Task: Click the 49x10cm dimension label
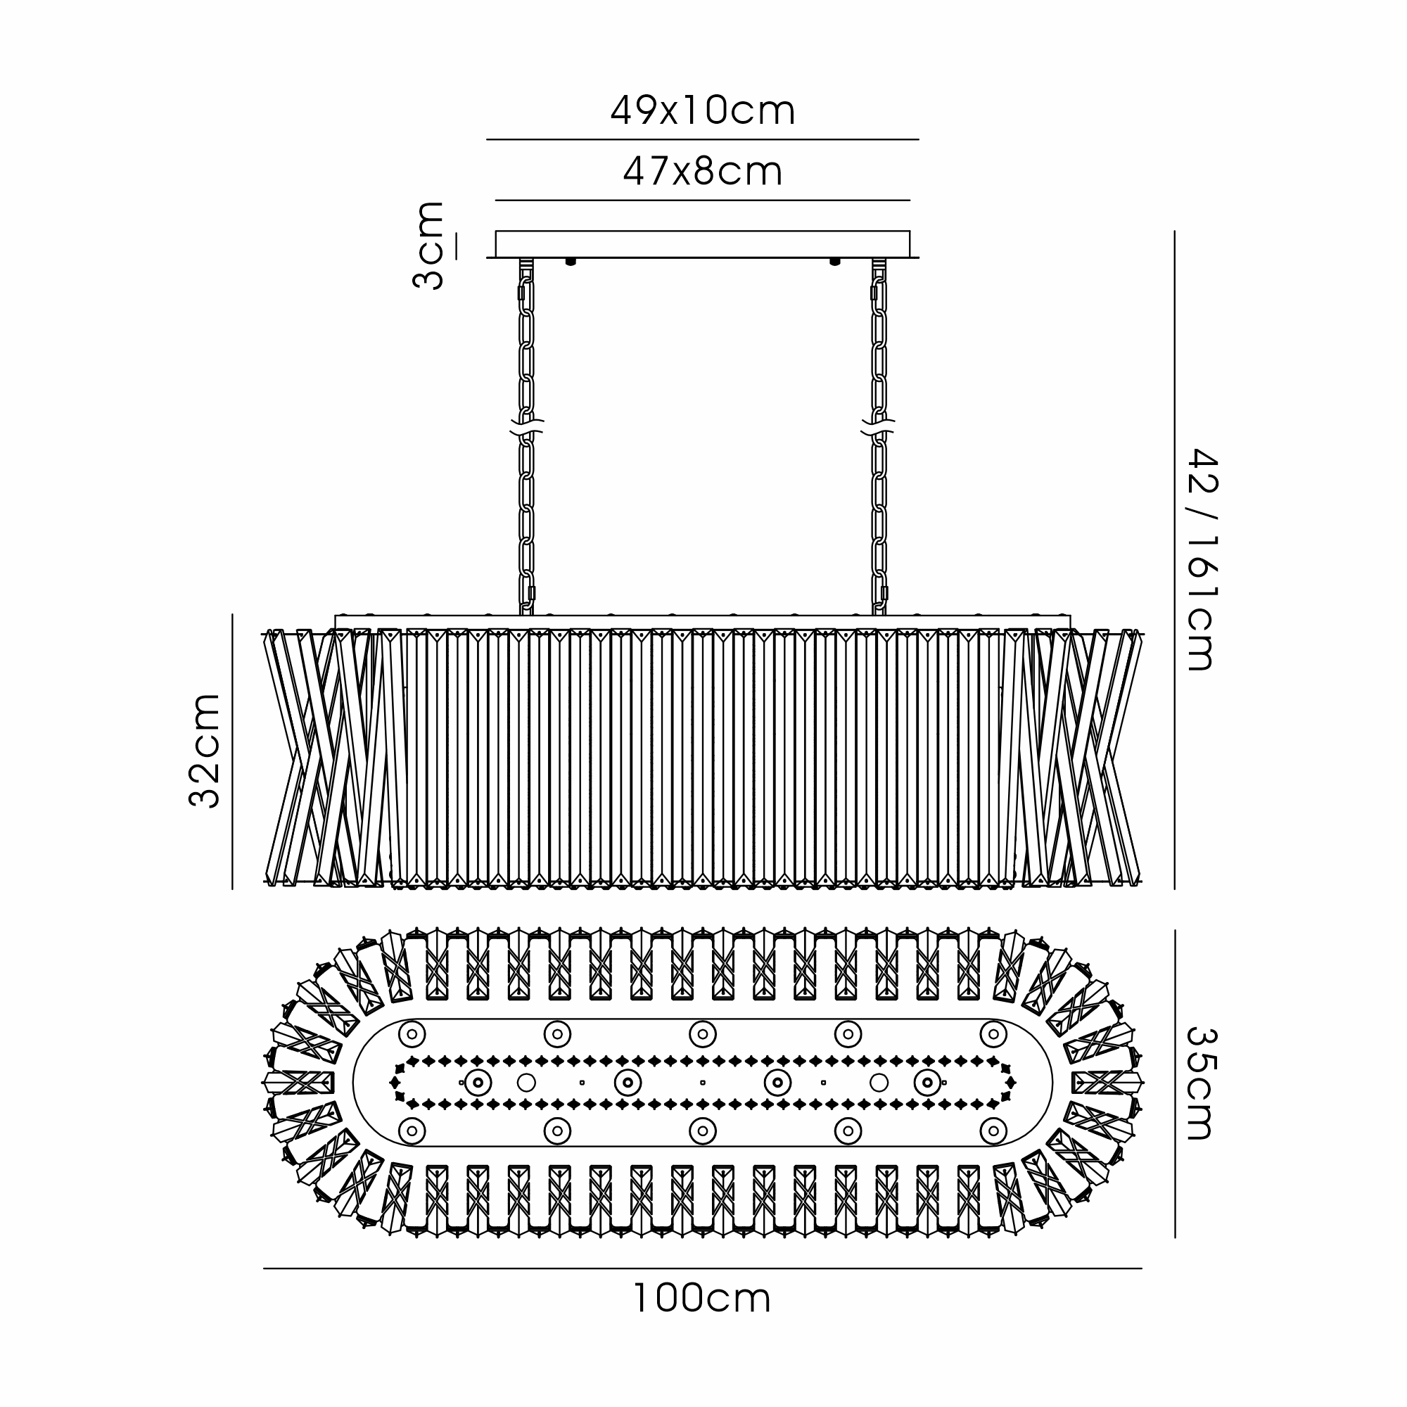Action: tap(703, 111)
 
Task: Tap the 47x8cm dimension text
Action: tap(703, 172)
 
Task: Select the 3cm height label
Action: tap(428, 246)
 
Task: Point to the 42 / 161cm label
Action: tap(1203, 559)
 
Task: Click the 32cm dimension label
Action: tap(205, 751)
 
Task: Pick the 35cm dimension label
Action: tap(1203, 1083)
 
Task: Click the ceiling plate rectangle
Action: tap(703, 244)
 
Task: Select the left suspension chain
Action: tap(526, 437)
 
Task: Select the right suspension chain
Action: tap(879, 437)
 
